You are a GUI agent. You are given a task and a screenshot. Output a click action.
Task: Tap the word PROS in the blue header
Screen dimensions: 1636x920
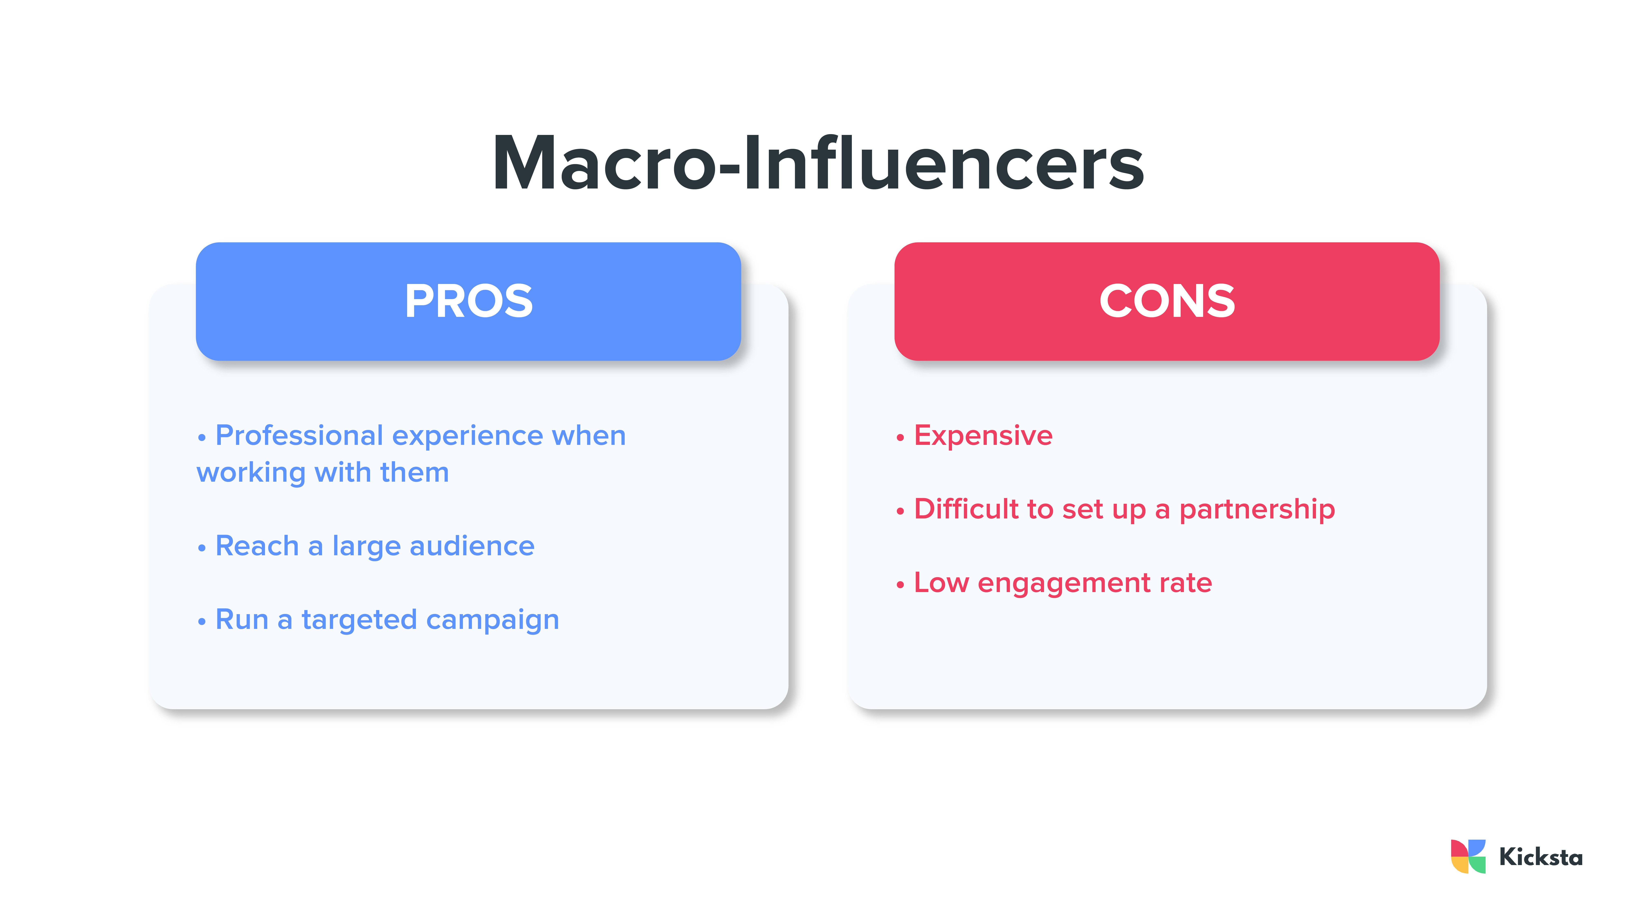[x=469, y=301]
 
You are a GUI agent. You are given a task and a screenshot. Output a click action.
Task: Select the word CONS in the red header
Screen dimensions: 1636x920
[x=1167, y=301]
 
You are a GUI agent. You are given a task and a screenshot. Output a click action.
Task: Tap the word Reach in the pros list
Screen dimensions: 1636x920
[x=257, y=546]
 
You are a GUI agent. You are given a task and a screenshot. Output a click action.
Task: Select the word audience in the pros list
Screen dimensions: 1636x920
[x=472, y=546]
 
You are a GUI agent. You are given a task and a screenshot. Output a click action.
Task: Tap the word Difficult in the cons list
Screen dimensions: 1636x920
[x=966, y=509]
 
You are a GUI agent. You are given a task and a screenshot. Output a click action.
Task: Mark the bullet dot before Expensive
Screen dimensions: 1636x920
[x=900, y=438]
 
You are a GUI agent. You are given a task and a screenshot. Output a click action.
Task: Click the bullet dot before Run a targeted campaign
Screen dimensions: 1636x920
[x=202, y=622]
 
